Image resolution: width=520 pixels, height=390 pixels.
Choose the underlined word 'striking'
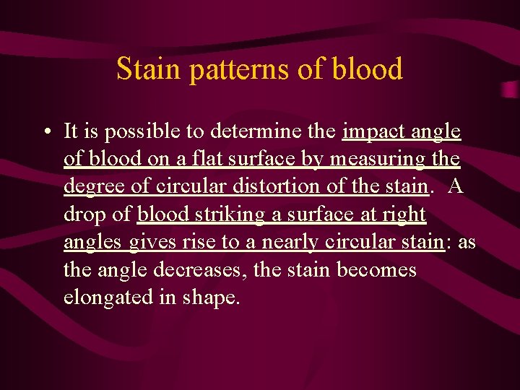(233, 214)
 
